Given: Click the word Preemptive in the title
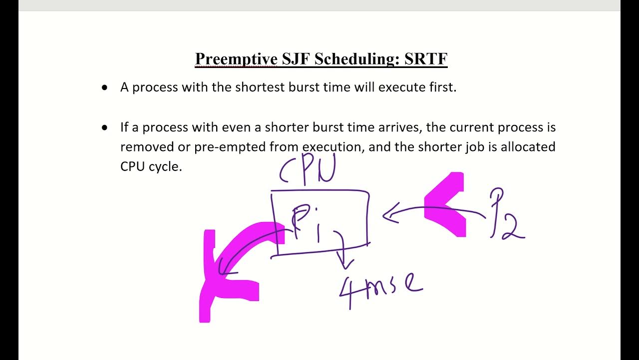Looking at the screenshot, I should point(236,59).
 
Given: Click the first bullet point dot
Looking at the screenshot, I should point(104,87).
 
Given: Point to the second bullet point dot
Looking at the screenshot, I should point(104,127).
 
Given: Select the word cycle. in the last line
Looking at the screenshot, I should point(165,167).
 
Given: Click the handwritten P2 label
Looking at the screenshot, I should point(506,215).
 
